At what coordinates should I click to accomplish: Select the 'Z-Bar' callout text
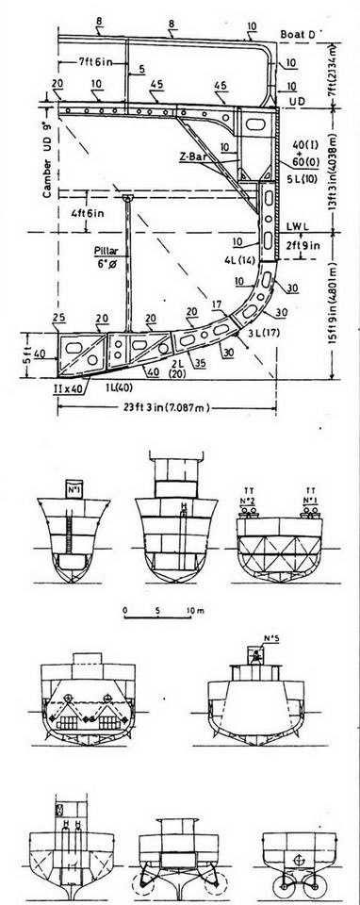(x=193, y=149)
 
